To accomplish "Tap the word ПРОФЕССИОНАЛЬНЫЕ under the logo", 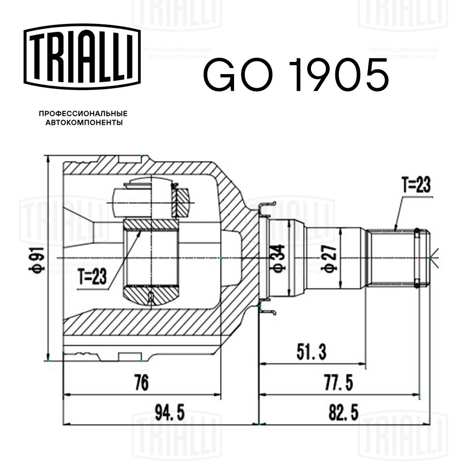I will [83, 113].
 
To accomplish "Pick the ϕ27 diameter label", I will [330, 258].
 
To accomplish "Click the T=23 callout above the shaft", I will [416, 186].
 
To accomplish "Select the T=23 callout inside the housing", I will [92, 278].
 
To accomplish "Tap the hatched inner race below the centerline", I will [151, 295].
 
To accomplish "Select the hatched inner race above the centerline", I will [151, 225].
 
